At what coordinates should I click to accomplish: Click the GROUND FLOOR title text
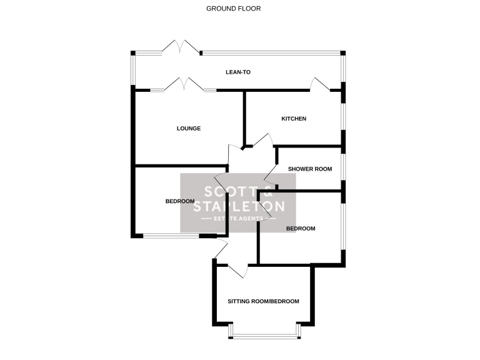[x=233, y=9]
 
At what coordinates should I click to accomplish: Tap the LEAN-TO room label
[x=237, y=72]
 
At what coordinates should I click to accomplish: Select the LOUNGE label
[x=188, y=129]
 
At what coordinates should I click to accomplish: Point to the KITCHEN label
[x=293, y=119]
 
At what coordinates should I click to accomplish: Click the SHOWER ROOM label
[x=309, y=169]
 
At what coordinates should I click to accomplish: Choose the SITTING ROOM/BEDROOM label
[x=262, y=301]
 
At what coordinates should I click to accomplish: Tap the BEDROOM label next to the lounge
[x=180, y=201]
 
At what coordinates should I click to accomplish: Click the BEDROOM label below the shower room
[x=301, y=229]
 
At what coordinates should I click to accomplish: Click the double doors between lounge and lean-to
[x=183, y=86]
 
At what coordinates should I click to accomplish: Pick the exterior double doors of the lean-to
[x=180, y=48]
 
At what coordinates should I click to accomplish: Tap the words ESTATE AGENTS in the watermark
[x=237, y=218]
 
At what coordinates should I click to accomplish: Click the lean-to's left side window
[x=132, y=69]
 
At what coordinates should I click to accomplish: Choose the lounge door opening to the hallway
[x=235, y=153]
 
